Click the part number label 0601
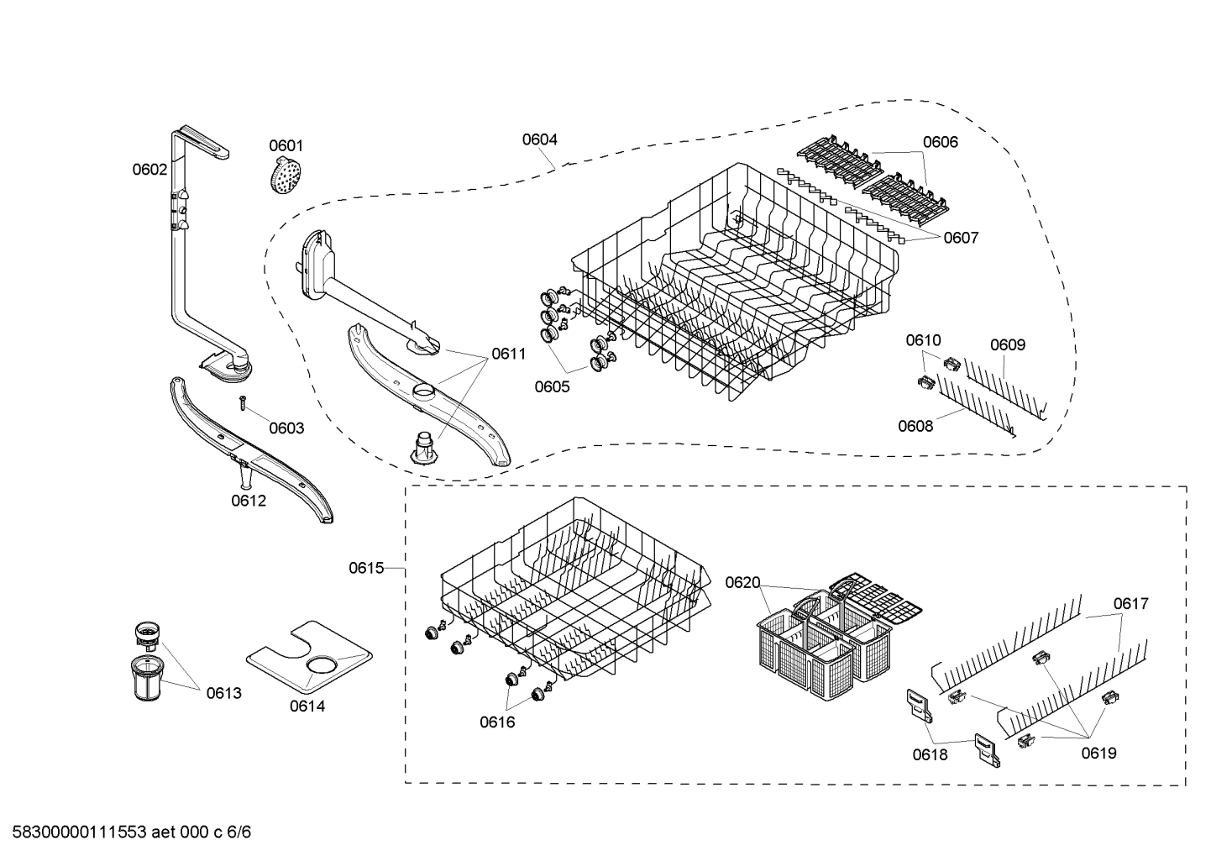coord(286,145)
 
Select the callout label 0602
coord(149,169)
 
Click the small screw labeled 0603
coord(241,403)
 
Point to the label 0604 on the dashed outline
coord(539,139)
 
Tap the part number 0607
coord(961,238)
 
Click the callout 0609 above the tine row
coord(1007,344)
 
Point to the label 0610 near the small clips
coord(923,340)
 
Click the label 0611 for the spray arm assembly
coord(508,354)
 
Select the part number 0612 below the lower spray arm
coord(249,501)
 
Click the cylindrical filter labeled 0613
coord(151,677)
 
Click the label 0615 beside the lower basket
coord(366,568)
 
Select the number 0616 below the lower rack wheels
coord(497,722)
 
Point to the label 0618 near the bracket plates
coord(930,754)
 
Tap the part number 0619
coord(1098,753)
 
